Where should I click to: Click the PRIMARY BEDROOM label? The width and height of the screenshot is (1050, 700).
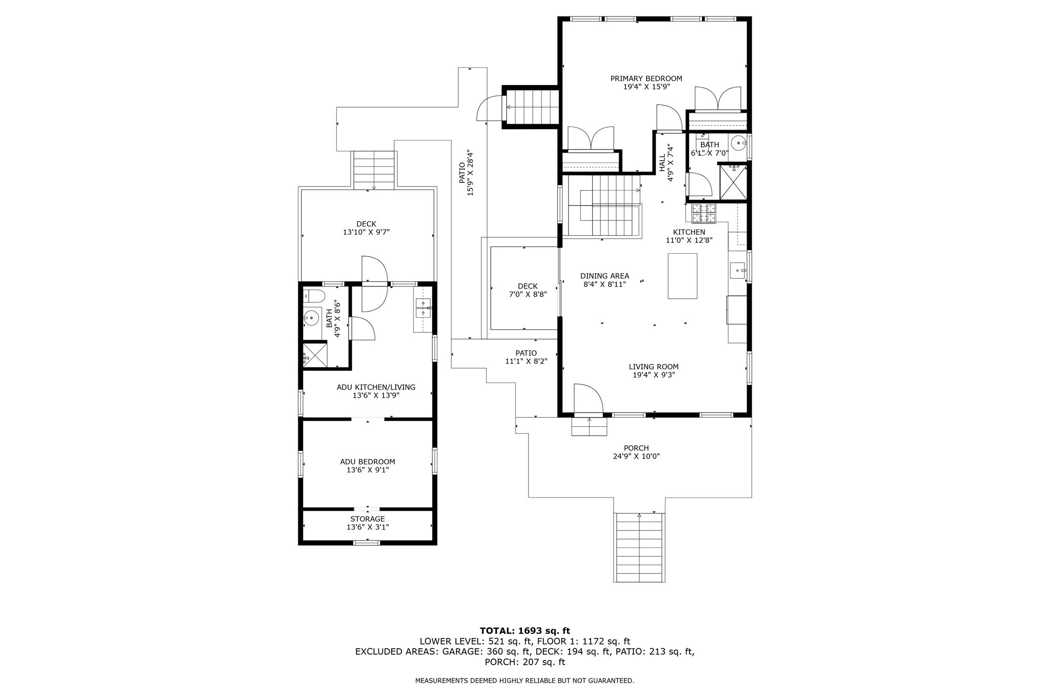[646, 78]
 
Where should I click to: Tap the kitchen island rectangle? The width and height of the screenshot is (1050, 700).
[682, 276]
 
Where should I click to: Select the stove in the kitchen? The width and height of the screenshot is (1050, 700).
[703, 214]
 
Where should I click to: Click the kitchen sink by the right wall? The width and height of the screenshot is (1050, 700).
[737, 270]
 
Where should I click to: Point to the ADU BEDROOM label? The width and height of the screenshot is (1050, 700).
[368, 462]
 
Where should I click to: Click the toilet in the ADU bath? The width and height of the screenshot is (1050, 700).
[314, 296]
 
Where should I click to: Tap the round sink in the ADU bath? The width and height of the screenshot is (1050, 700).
[311, 318]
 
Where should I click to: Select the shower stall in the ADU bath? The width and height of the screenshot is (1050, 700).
[315, 355]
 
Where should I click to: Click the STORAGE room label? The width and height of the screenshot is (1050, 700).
[368, 519]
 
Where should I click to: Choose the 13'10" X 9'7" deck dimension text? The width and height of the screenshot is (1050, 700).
[367, 232]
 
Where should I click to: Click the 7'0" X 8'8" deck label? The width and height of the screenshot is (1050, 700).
[528, 290]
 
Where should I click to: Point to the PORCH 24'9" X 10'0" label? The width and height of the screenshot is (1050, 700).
[636, 452]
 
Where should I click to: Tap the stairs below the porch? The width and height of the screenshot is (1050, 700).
[639, 547]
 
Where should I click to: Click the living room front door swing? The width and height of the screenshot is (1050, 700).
[587, 398]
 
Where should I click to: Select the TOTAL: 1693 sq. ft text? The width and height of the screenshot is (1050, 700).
[524, 631]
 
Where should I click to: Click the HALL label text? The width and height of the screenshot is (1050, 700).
[662, 163]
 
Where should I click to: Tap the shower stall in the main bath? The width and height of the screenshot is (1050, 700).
[733, 181]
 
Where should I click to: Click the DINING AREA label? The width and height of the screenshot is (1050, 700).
[604, 276]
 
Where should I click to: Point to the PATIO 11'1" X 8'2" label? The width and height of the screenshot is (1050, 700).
[526, 357]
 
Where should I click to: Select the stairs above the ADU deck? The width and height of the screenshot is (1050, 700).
[374, 169]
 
